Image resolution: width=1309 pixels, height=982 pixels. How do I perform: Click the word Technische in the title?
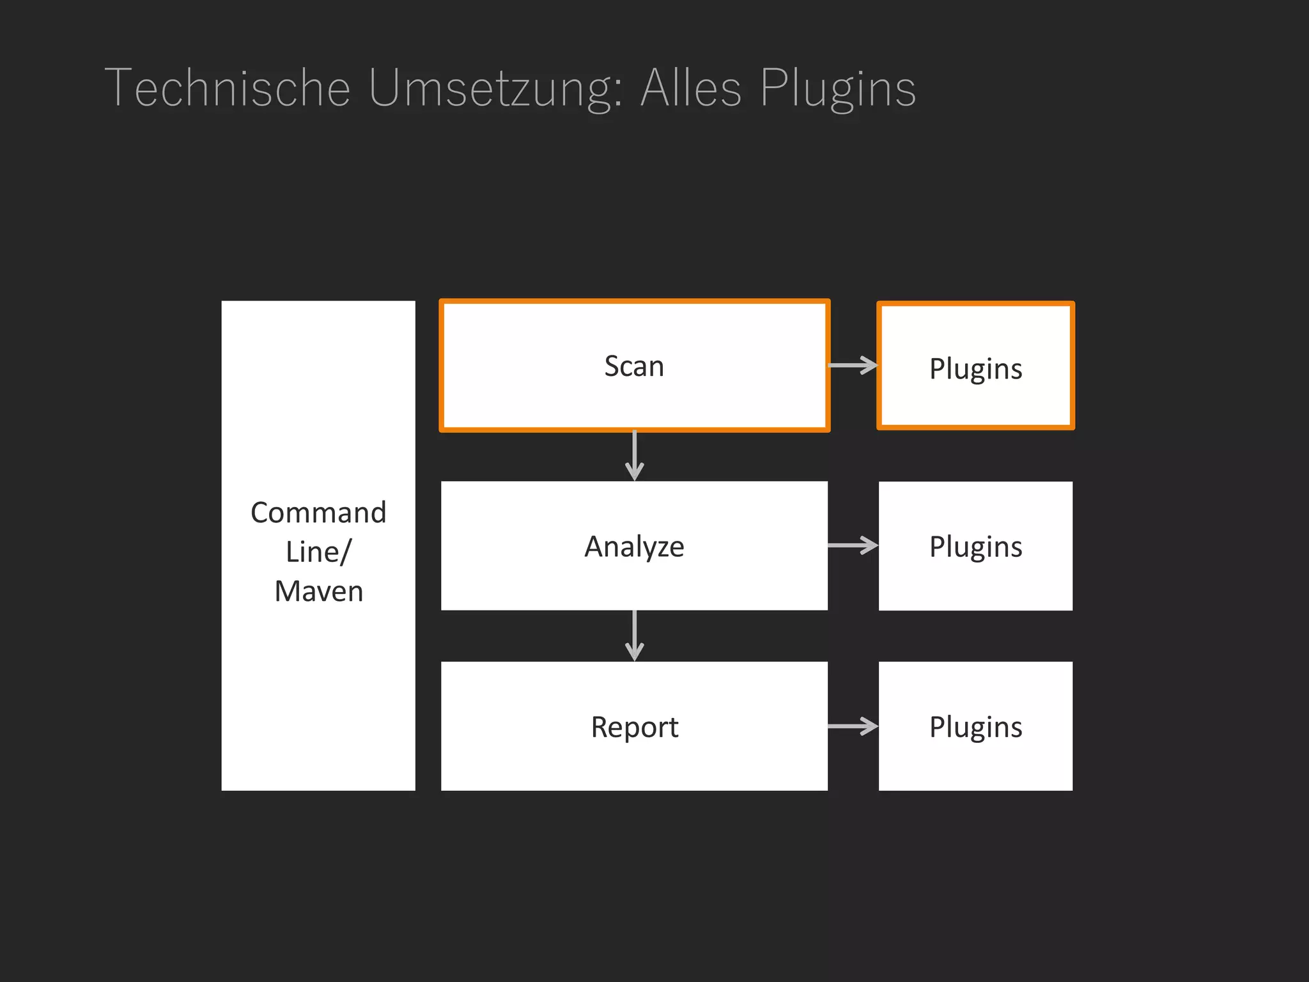tap(228, 88)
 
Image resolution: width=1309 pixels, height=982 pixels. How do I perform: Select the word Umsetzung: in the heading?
tap(495, 88)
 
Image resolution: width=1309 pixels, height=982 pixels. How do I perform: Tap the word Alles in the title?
tap(691, 88)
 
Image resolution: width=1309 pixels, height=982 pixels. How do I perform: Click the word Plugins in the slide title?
tap(838, 88)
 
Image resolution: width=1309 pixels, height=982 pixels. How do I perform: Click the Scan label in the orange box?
tap(634, 366)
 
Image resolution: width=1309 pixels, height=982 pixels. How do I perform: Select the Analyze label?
tap(634, 547)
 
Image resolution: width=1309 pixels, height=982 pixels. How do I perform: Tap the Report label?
tap(634, 727)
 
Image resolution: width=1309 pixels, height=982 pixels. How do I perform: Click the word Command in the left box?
tap(318, 513)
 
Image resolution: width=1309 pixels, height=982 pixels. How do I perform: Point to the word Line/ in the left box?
tap(318, 552)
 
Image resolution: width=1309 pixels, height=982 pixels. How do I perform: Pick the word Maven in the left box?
tap(318, 591)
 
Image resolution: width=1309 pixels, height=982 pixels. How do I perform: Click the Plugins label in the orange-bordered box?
tap(975, 369)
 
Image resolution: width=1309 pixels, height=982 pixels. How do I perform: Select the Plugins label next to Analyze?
tap(975, 547)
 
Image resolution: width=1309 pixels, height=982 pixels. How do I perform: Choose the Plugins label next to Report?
tap(975, 727)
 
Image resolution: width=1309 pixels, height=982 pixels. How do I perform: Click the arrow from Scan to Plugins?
tap(853, 365)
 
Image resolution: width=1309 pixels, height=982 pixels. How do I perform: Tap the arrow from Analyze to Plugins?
tap(853, 545)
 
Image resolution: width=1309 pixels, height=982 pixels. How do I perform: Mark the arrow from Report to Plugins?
tap(853, 726)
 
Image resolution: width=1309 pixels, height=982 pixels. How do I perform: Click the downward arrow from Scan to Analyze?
tap(634, 455)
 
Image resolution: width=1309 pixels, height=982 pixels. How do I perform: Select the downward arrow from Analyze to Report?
tap(634, 635)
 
